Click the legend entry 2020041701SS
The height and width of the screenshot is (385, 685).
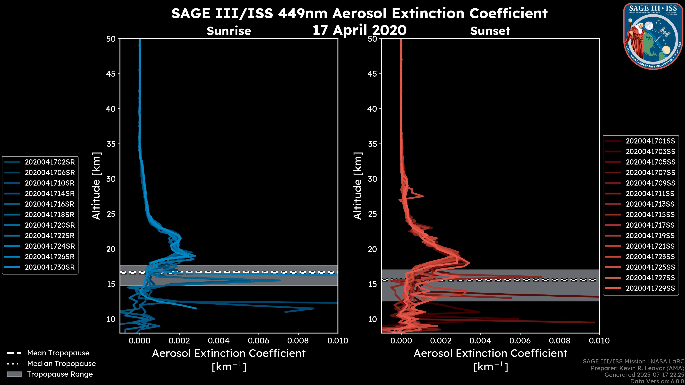[650, 141]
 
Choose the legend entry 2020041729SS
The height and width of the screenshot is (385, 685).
[650, 288]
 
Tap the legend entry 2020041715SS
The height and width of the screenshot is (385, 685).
[650, 215]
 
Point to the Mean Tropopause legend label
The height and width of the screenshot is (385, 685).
[58, 353]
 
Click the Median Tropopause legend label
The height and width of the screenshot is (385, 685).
[61, 364]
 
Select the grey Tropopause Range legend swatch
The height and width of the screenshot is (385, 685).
[14, 374]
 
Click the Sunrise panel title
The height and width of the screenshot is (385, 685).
[229, 31]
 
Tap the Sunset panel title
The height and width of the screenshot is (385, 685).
[490, 31]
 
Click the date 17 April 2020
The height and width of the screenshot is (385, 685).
[359, 30]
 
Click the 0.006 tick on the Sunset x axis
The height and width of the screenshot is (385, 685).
[520, 341]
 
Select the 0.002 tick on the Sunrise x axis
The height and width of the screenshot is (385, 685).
[179, 341]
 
